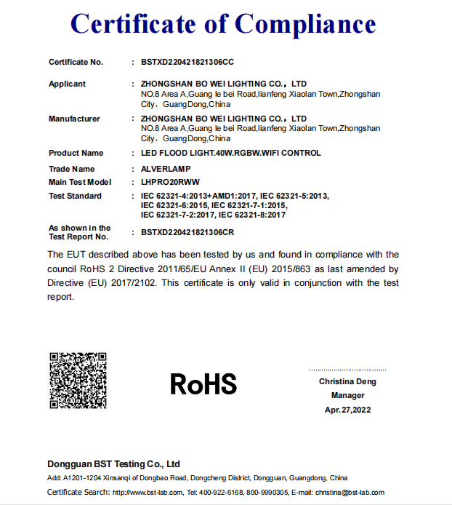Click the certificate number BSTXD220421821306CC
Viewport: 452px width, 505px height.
(187, 63)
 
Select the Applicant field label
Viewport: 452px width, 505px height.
(67, 84)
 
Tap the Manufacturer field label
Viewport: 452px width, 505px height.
(74, 119)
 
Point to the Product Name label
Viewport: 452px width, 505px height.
(76, 154)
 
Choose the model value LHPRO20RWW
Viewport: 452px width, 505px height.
(170, 182)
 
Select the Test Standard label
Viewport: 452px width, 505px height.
(75, 196)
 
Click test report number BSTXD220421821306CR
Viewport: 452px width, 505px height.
(187, 232)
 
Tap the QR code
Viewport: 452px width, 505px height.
(78, 381)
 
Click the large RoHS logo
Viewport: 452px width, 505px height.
(203, 383)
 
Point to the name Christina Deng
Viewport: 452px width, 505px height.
(347, 381)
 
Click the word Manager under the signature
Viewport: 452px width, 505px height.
(347, 396)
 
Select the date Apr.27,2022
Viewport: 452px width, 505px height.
(347, 410)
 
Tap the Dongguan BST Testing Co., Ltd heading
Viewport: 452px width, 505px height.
(113, 464)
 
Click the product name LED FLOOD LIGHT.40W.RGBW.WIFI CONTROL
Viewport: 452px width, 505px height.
(230, 154)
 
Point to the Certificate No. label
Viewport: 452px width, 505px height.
(76, 63)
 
